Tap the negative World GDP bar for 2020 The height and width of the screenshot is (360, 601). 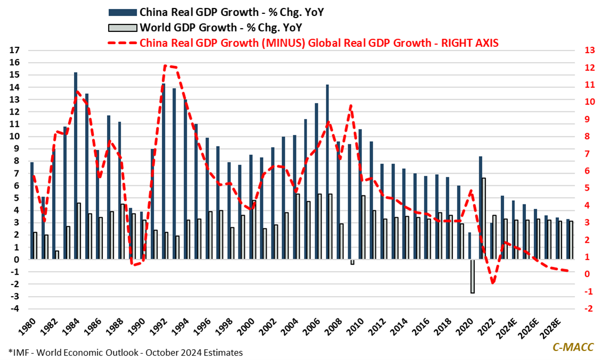472,276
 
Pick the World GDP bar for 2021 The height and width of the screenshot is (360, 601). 484,219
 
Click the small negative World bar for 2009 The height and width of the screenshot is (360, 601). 352,262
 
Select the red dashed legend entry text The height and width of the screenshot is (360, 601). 319,43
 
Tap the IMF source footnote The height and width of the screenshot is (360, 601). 126,352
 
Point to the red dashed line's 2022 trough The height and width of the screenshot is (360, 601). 493,283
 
